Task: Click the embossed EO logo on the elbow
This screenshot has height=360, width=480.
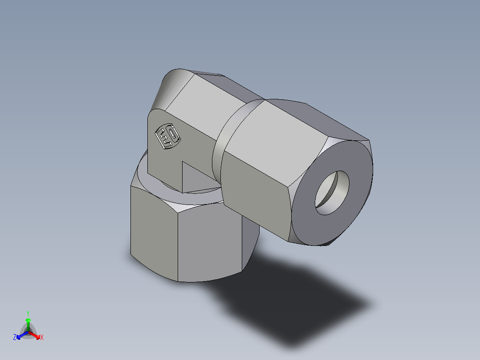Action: pos(167,136)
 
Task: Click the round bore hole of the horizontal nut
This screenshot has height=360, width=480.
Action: pos(332,192)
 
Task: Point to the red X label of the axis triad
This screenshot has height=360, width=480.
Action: pos(42,337)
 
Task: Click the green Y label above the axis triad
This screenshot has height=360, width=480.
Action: pos(28,313)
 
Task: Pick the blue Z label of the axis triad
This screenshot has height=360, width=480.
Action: pos(15,337)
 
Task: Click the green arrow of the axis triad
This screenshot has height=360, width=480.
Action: pos(28,323)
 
